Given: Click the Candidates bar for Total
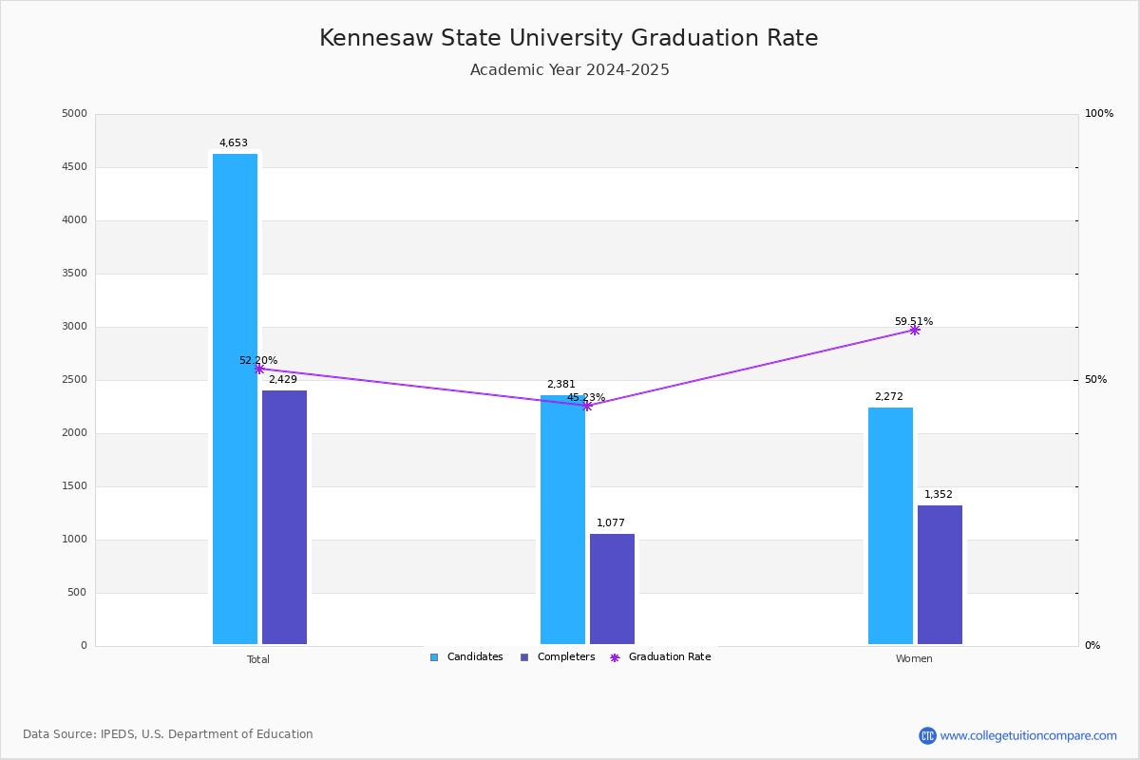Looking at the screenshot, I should [235, 399].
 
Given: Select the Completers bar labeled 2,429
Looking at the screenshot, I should [284, 518].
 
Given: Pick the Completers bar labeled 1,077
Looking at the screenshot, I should [612, 589].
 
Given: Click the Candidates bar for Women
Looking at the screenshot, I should [890, 526].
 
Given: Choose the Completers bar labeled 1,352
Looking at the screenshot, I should [940, 575].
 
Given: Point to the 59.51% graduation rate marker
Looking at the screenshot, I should [914, 331].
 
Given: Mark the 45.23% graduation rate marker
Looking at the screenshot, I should [587, 406].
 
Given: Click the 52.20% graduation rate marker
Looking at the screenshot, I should [258, 369].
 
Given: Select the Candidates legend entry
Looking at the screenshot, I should [466, 657].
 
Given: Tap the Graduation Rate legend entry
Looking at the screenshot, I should [660, 657].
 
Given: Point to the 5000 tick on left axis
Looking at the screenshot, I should [74, 114].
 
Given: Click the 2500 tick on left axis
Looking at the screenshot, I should [74, 380].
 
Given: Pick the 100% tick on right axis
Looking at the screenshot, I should [1099, 114].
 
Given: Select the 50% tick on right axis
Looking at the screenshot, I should [1096, 380].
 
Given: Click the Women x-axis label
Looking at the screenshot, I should [914, 659].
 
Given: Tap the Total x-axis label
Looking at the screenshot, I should [258, 659].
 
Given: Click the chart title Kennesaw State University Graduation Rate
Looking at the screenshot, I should [568, 39].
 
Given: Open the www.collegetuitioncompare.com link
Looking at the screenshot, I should [1028, 735].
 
